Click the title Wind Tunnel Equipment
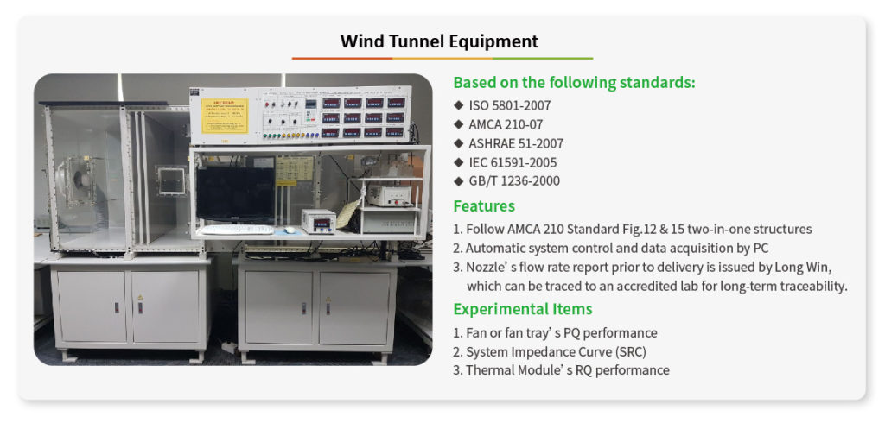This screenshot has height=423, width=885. pos(439,41)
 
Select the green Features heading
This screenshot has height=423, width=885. pos(484,205)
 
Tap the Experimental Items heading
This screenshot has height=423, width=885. pos(523,309)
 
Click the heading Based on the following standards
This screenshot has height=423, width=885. pos(575,83)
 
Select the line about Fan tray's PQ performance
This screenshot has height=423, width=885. pos(556,332)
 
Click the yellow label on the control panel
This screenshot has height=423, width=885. pos(225,116)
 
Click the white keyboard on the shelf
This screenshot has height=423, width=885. pos(238,230)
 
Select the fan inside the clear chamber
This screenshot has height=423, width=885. pos(82,180)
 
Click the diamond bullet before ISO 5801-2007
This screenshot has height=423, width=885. pos(458,105)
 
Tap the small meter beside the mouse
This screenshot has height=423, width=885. pos(319,220)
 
